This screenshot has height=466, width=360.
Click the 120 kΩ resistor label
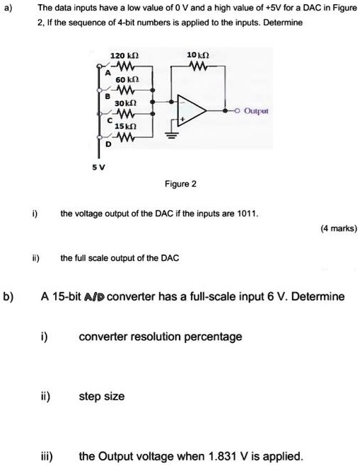[118, 54]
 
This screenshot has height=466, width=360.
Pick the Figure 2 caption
[180, 184]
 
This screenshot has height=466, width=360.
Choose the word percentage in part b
[212, 336]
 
